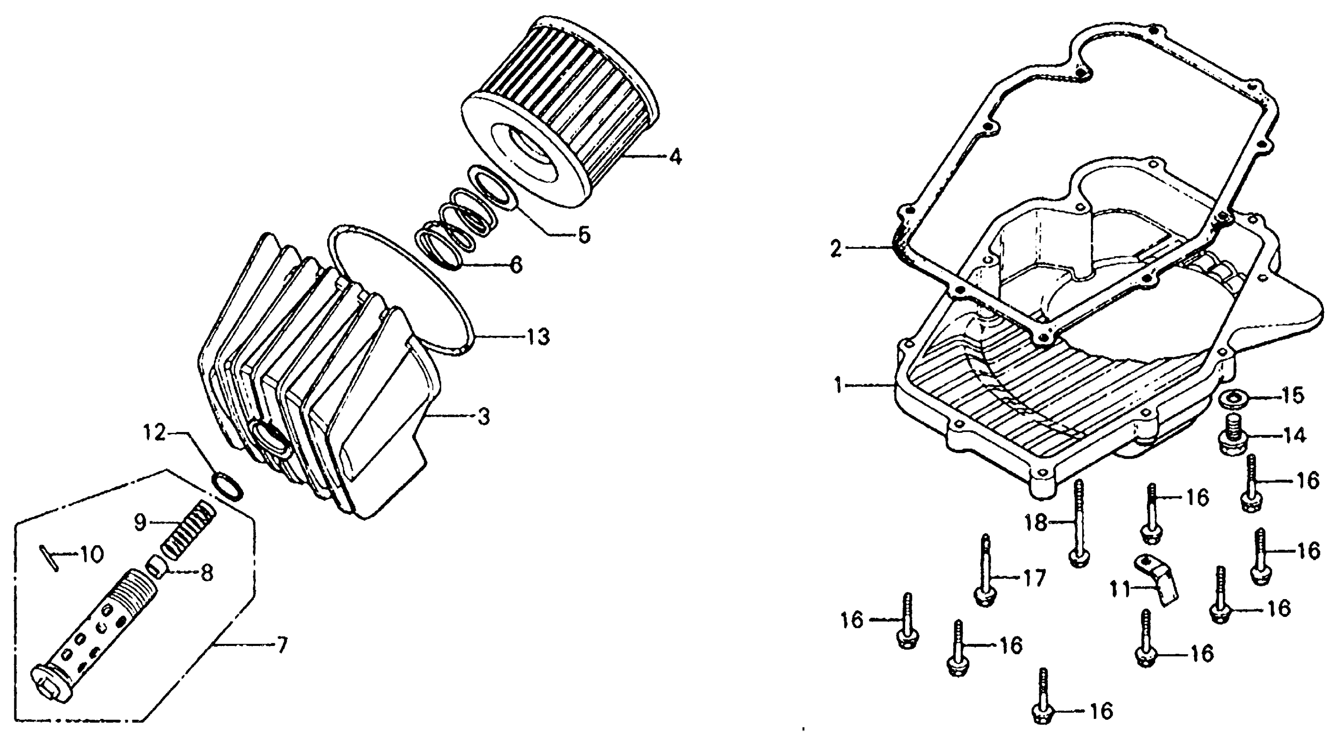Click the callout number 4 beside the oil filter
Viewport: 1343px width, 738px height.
[675, 156]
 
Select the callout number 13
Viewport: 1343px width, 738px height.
[538, 336]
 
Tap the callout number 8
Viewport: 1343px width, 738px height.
[207, 574]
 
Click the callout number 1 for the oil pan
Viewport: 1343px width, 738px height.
[838, 386]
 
